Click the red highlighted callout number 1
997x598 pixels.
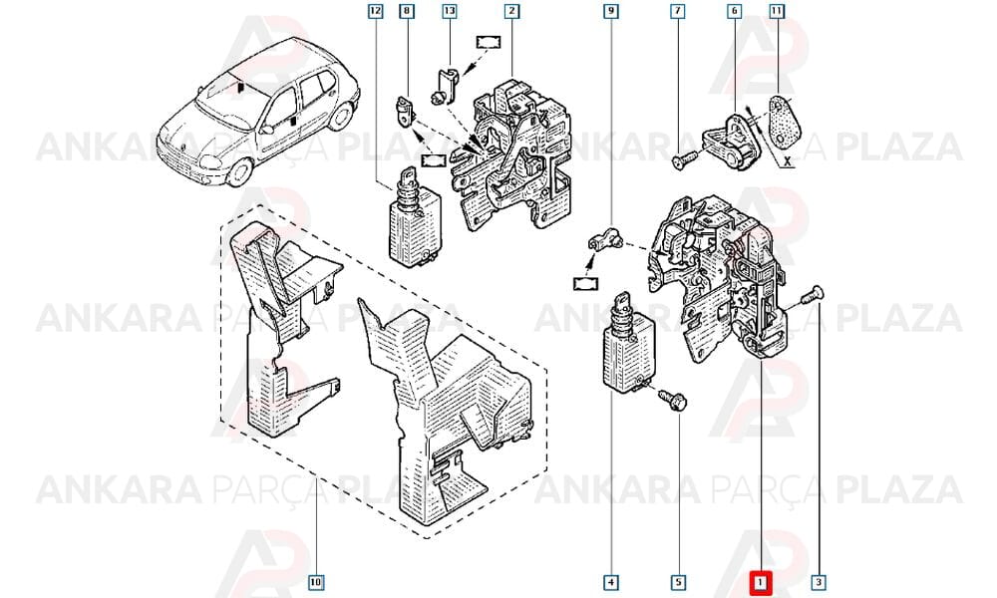(x=761, y=582)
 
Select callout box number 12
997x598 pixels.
(x=376, y=11)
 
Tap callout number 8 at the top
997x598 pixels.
(x=407, y=11)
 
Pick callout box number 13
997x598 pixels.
(x=450, y=11)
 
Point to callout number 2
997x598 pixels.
(x=511, y=11)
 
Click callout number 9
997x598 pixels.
(x=610, y=11)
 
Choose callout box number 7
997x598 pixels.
(x=678, y=11)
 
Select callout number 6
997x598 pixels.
(x=735, y=11)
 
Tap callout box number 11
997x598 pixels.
(x=777, y=11)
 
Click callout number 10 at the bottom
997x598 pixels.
(x=316, y=582)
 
